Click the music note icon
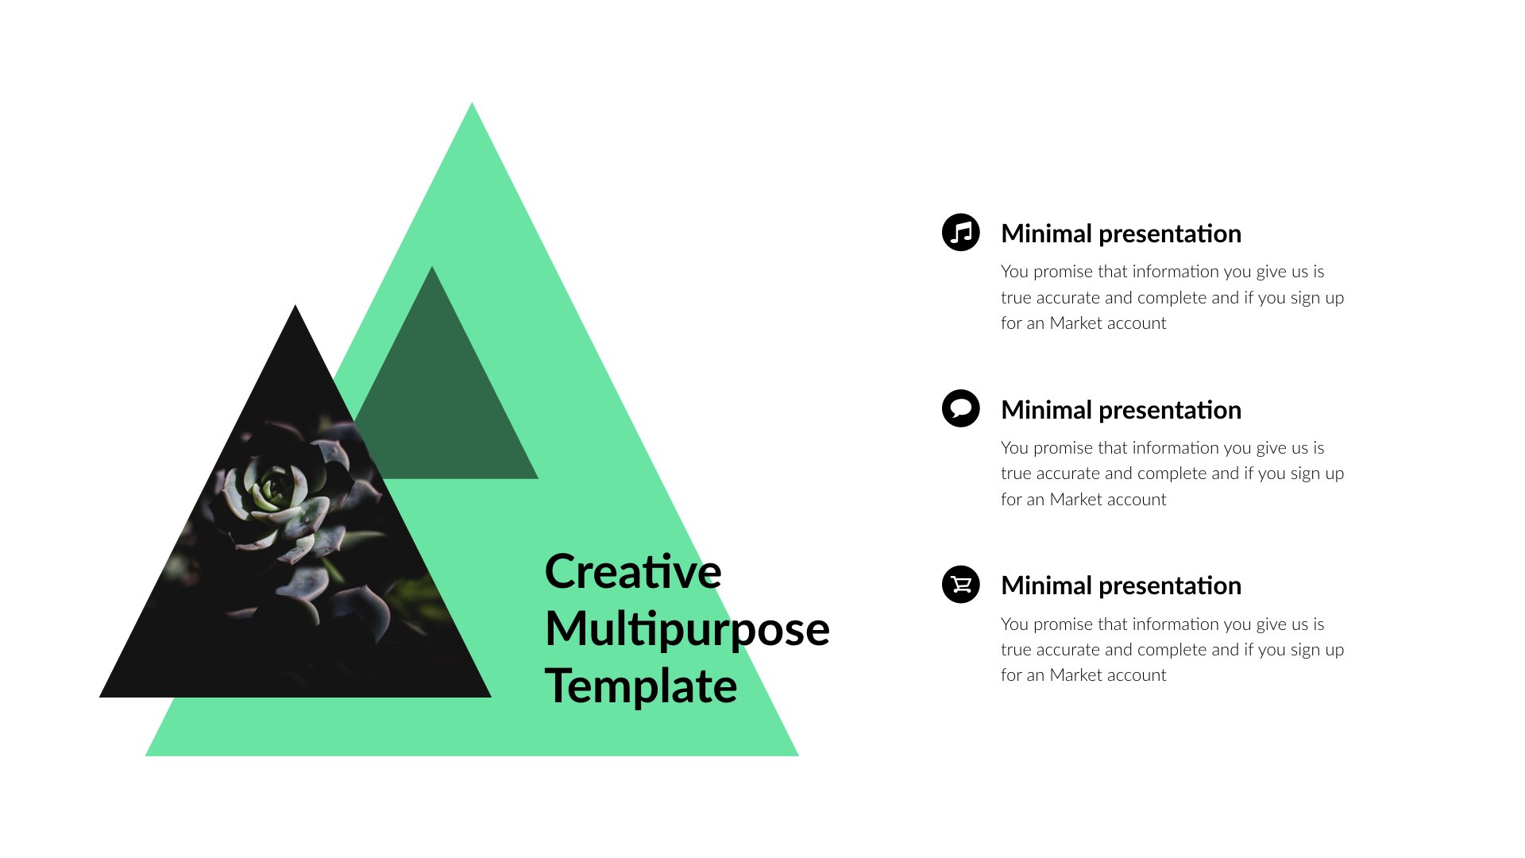960,232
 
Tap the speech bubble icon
960,408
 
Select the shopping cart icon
960,585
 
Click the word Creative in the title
633,572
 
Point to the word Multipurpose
687,629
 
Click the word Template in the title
641,686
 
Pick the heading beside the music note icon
1120,234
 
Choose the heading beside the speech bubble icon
1120,410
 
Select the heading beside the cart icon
1120,586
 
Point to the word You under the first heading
1014,272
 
